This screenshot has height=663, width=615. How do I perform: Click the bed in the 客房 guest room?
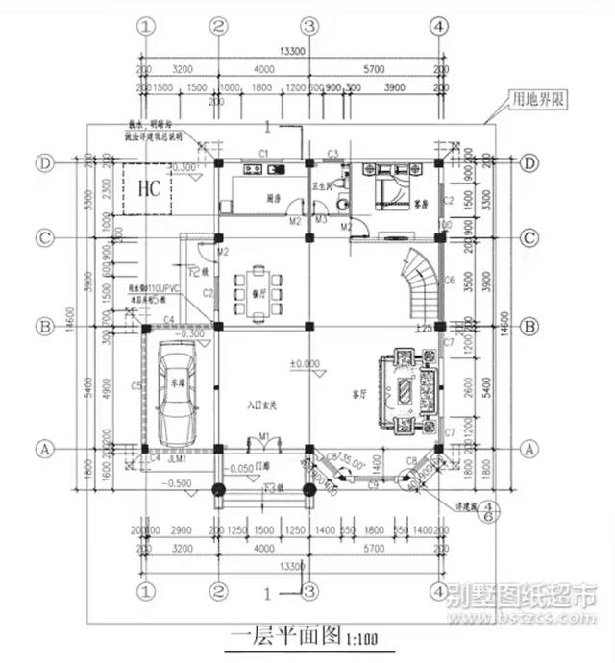coord(390,184)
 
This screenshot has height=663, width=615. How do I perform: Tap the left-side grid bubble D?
coord(44,163)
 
